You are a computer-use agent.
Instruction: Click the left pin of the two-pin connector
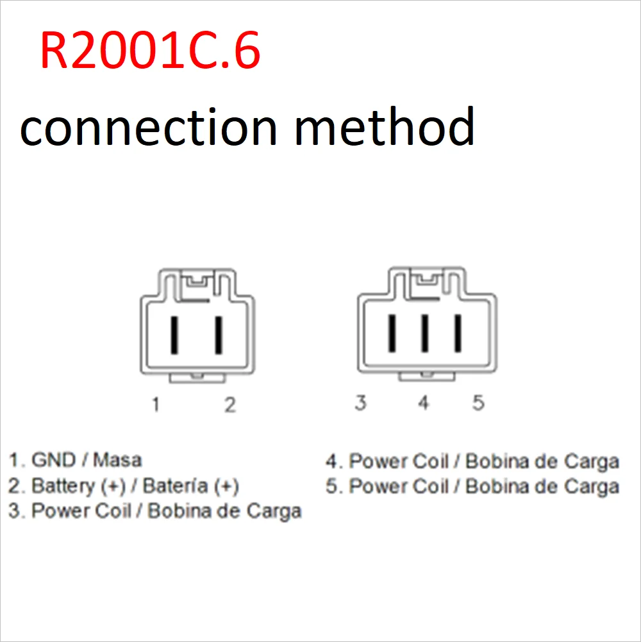[x=174, y=334]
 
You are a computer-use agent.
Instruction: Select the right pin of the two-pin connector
[x=219, y=334]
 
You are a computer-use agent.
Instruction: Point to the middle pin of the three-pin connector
[x=424, y=334]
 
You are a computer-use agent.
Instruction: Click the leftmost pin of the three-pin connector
[x=390, y=334]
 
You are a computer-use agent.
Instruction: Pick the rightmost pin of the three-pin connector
[x=458, y=334]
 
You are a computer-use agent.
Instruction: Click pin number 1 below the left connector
[x=155, y=405]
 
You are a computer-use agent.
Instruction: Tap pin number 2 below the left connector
[x=229, y=405]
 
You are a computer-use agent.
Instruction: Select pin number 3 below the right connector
[x=361, y=403]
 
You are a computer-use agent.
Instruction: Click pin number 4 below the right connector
[x=423, y=403]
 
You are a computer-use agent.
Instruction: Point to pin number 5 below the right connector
[x=478, y=403]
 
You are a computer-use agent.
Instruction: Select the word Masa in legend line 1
[x=117, y=460]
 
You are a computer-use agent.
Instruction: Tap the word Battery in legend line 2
[x=63, y=486]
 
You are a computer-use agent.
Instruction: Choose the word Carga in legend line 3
[x=274, y=511]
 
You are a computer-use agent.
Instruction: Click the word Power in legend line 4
[x=376, y=461]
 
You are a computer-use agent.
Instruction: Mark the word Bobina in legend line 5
[x=496, y=486]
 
